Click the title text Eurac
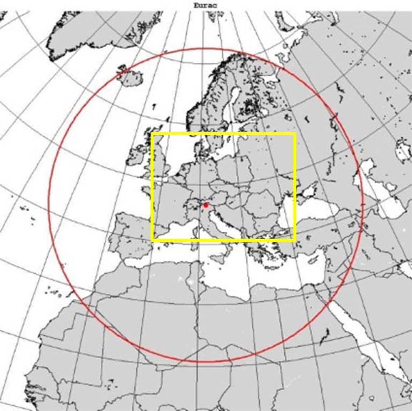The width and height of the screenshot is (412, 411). [x=205, y=5]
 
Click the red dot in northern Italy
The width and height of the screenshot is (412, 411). [x=206, y=204]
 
